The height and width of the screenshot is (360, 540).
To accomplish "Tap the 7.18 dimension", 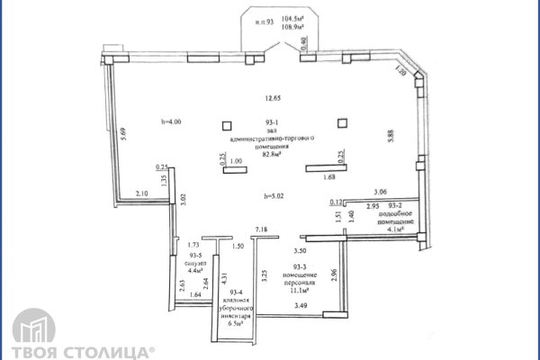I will (262, 230).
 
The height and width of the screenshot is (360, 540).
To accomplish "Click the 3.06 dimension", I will (380, 193).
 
